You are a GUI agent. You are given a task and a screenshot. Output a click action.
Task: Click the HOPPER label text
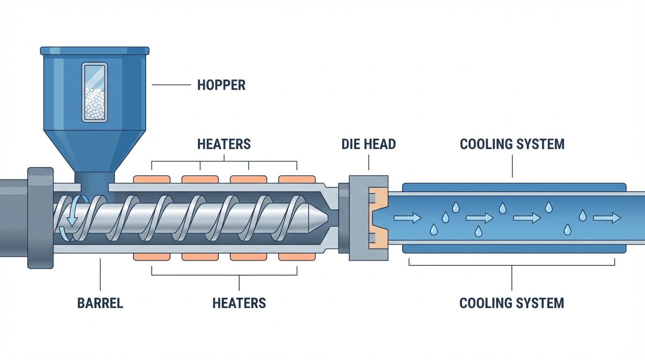221,85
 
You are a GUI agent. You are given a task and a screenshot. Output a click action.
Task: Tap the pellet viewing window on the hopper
95,92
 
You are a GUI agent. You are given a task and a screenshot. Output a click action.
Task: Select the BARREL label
100,303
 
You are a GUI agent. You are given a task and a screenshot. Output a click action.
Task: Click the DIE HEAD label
368,144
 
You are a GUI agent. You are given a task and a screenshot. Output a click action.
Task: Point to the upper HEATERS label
224,144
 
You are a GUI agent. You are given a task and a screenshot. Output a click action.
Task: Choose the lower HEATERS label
239,303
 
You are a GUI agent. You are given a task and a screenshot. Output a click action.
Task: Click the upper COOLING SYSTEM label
512,144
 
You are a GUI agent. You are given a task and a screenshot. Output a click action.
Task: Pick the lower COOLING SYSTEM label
511,303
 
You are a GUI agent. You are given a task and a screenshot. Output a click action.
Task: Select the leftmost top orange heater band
152,179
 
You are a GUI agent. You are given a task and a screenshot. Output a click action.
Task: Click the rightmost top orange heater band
297,179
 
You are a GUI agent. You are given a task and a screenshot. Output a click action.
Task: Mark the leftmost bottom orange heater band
152,256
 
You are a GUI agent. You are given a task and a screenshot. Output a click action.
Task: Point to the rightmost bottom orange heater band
297,256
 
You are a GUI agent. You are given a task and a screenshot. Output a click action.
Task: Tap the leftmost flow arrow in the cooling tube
407,218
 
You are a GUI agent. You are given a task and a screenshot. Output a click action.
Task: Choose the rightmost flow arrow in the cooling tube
607,218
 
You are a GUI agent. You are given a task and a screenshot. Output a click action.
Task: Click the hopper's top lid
95,51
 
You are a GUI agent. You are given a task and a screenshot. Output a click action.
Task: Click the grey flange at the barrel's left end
40,217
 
